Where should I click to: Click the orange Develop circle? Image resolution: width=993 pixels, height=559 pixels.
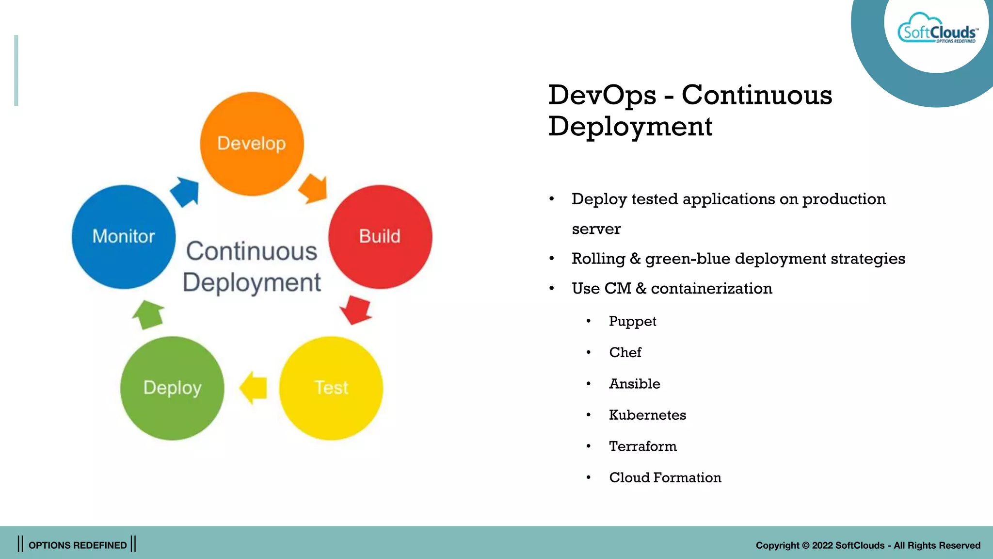[252, 144]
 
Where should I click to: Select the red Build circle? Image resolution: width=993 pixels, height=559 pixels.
[380, 237]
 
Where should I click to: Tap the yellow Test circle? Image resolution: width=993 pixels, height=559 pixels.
[331, 388]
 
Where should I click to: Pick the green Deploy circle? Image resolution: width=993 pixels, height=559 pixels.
[172, 388]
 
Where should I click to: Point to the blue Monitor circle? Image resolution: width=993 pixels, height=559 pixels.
[124, 237]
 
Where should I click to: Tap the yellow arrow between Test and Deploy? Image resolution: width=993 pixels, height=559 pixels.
[254, 388]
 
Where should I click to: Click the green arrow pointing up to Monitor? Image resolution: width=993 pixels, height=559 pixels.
[148, 314]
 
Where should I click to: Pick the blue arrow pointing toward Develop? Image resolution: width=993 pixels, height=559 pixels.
[186, 191]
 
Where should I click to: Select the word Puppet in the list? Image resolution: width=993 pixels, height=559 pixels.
[632, 321]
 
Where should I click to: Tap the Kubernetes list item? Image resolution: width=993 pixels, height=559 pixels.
[647, 415]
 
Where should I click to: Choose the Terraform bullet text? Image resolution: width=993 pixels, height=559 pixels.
[642, 446]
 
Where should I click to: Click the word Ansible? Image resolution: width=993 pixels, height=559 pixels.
[634, 384]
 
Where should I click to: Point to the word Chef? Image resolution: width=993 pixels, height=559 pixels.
[625, 352]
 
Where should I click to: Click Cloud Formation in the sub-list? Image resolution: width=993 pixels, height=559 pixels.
[665, 477]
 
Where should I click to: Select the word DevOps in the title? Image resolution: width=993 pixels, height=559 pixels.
[602, 95]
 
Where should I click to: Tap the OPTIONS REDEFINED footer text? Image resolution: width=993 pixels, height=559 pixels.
[78, 545]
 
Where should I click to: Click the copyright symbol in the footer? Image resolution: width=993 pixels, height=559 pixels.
[805, 545]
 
